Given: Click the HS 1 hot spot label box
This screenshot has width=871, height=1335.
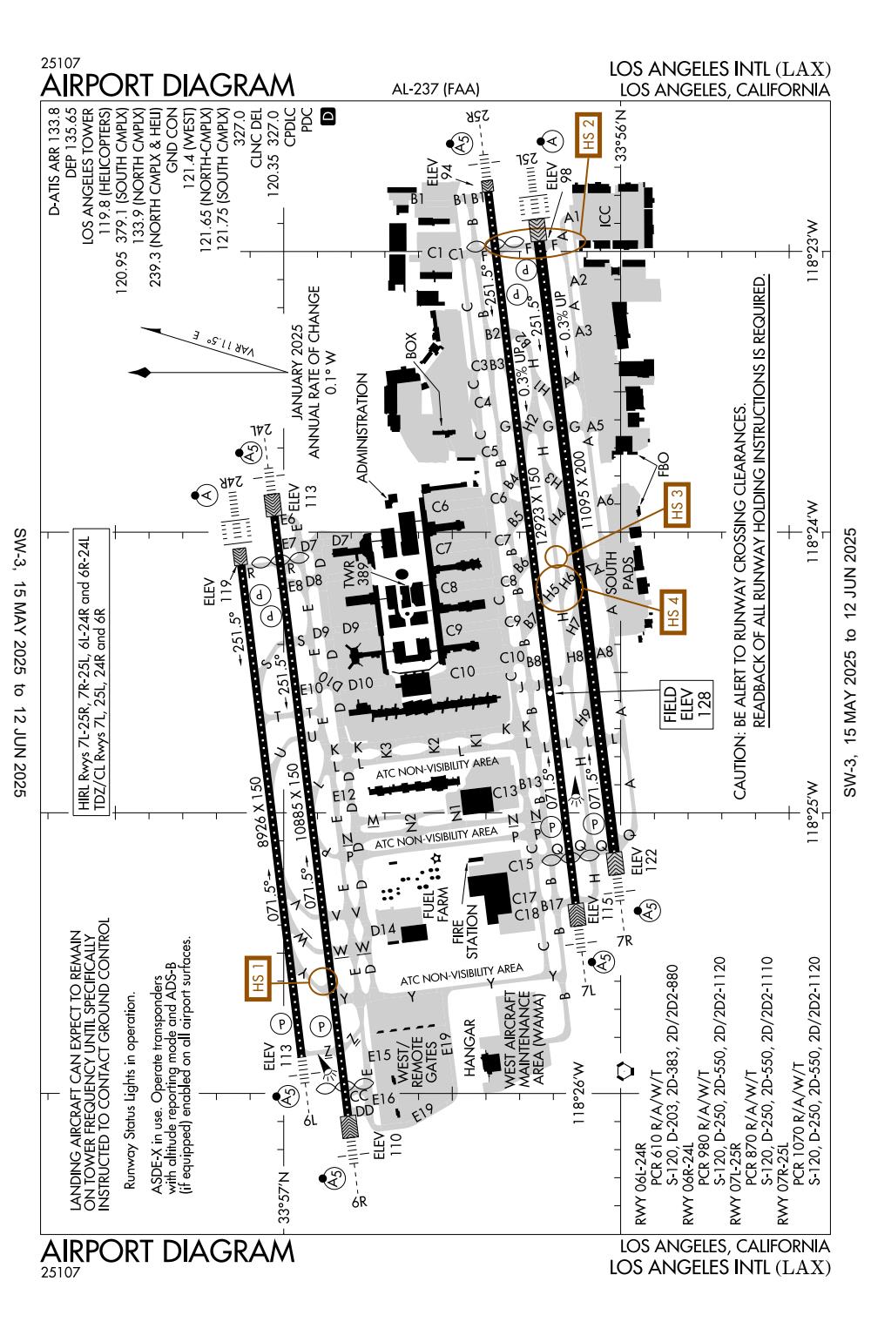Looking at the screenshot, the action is click(x=258, y=978).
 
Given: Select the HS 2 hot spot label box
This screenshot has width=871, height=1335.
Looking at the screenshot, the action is click(x=589, y=135).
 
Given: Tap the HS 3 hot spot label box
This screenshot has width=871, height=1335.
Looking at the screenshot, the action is click(x=677, y=505).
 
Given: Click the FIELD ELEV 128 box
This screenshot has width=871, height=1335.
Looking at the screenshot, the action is click(x=686, y=705).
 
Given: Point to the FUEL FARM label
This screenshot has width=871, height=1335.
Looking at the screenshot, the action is click(x=435, y=906).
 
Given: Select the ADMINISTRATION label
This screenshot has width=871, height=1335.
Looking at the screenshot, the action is click(x=361, y=428).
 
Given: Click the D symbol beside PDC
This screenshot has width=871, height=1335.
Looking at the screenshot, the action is click(x=327, y=116).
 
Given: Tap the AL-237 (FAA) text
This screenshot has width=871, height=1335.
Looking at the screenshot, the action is click(x=435, y=90).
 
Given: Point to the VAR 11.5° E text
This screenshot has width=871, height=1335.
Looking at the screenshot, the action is click(x=224, y=343).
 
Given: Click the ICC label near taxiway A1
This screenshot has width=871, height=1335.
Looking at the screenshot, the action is click(x=604, y=216).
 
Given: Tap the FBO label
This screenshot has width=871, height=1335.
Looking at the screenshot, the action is click(x=663, y=464).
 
